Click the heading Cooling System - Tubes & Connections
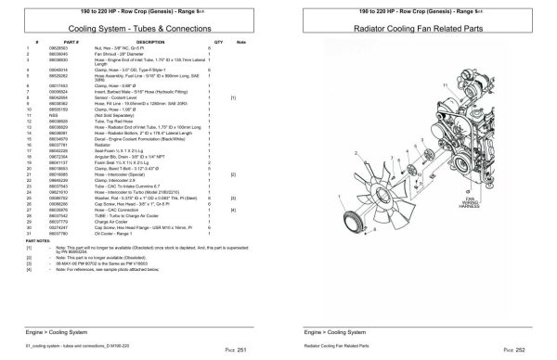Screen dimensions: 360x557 pyautogui.click(x=136, y=30)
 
